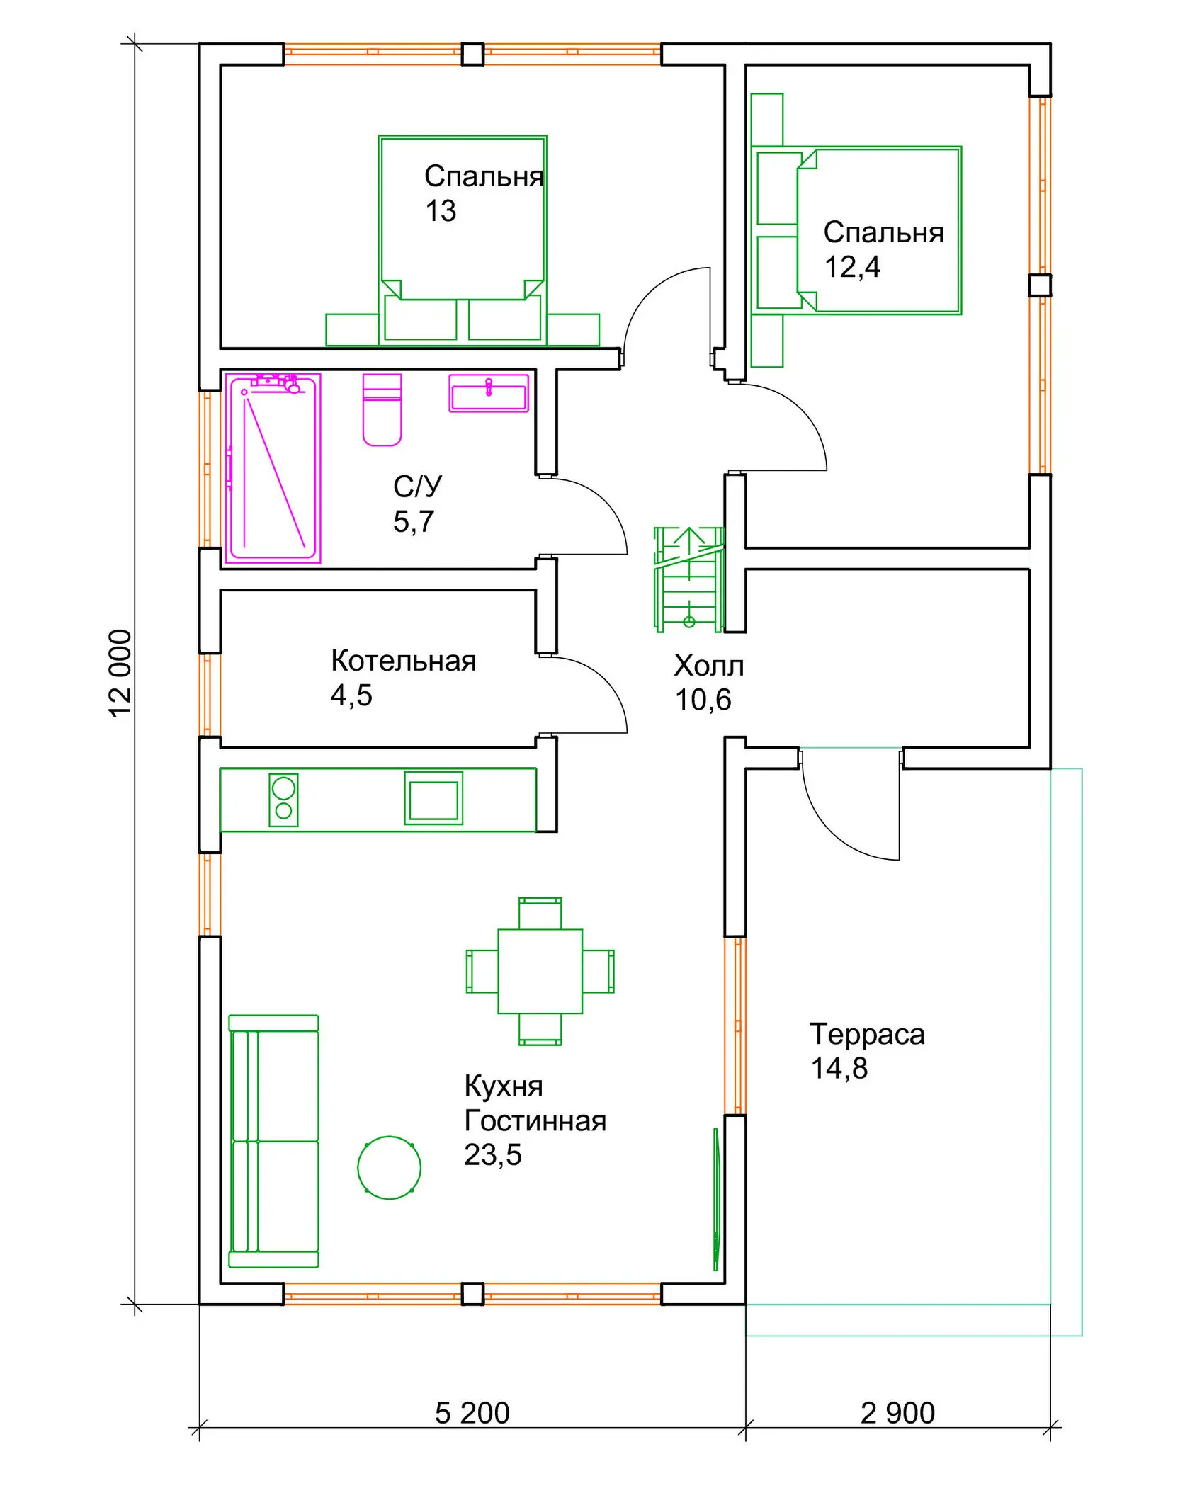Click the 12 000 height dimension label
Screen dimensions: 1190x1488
coord(120,674)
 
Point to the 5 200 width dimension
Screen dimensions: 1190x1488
coord(472,1413)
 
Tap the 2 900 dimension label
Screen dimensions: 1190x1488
coord(897,1413)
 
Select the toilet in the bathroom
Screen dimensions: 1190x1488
coord(382,410)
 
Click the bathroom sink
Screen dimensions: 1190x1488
coord(489,393)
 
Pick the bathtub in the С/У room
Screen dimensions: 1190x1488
coord(273,468)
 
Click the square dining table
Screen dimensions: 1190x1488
coord(540,971)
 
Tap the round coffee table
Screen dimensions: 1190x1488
coord(390,1167)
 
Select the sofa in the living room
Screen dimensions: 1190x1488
coord(274,1141)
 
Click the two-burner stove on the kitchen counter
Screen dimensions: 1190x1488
coord(284,800)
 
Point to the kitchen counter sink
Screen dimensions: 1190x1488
coord(433,798)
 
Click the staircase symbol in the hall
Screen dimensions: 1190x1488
coord(689,579)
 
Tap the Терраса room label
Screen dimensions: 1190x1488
coord(868,1034)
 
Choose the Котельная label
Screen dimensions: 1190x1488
coord(404,661)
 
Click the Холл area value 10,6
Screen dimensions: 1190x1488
coord(703,700)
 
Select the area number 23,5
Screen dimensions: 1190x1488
coord(493,1154)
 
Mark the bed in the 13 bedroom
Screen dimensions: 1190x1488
coord(463,239)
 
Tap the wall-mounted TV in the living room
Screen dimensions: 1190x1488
coord(716,1199)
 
